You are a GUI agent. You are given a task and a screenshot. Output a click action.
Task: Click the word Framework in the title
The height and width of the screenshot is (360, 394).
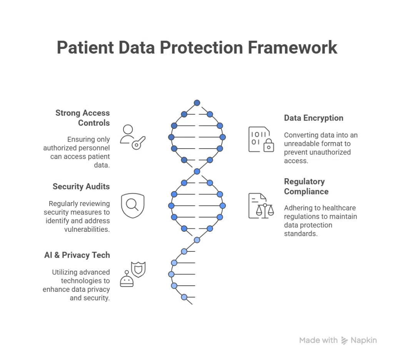292,48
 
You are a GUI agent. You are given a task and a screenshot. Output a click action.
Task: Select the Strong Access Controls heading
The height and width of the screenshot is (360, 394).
82,118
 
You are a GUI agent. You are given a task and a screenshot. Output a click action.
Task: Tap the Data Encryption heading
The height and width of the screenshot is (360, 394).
314,118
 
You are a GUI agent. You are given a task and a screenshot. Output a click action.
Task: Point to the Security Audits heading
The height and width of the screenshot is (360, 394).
81,186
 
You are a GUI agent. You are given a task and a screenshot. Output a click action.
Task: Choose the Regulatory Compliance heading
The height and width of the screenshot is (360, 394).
306,186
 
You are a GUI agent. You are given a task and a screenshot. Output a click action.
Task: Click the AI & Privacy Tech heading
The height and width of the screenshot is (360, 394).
77,255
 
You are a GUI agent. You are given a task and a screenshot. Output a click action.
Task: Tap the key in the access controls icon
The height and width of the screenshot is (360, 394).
138,143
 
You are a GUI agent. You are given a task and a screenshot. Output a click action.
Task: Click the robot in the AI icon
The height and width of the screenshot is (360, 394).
127,280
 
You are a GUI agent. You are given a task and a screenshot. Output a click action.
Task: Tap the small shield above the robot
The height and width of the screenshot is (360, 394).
138,268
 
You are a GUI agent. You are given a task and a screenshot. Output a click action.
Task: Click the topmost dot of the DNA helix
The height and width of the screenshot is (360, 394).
197,103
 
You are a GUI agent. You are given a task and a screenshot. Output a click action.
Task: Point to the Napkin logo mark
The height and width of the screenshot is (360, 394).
344,340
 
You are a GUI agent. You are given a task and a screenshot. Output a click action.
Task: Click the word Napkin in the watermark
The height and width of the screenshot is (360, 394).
364,340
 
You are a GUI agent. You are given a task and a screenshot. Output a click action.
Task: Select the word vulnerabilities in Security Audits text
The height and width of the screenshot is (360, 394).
87,229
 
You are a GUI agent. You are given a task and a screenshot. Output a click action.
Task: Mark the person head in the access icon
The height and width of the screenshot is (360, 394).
128,129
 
